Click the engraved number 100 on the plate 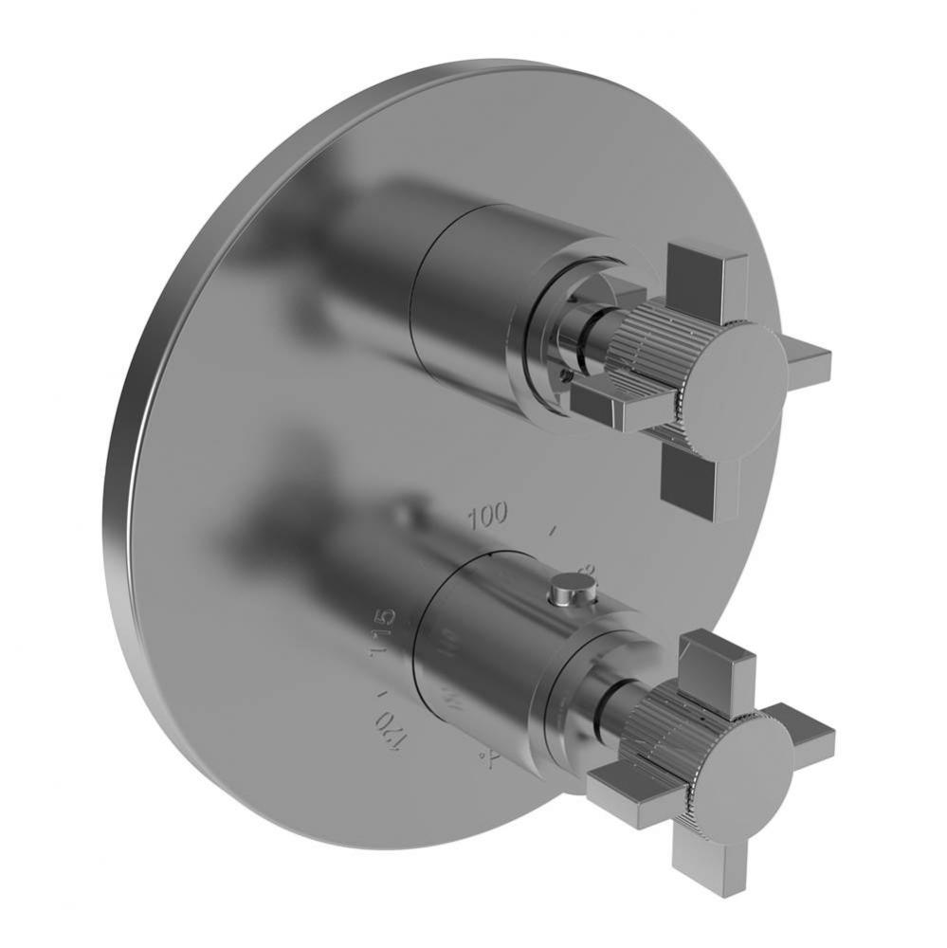coord(487,515)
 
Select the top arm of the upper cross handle coord(707,274)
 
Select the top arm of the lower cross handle coord(717,659)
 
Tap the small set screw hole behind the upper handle coord(567,376)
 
